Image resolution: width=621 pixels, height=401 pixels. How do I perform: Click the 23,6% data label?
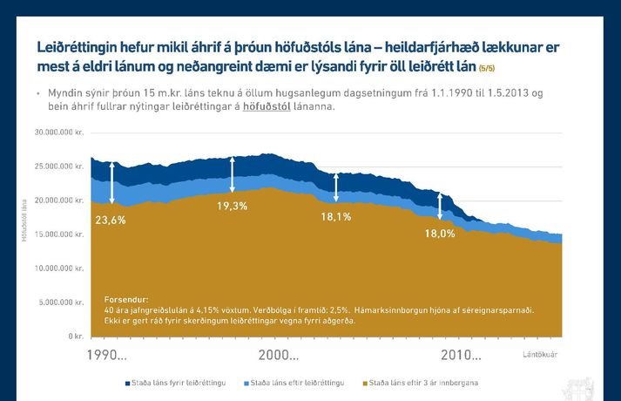[x=111, y=220]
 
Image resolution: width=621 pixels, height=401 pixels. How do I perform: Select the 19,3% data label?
[x=232, y=206]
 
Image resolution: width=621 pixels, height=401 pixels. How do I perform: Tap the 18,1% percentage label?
[x=335, y=216]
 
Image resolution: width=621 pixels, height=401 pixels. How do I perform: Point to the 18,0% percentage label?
[x=440, y=234]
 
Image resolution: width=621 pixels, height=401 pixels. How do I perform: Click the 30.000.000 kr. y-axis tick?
[x=59, y=133]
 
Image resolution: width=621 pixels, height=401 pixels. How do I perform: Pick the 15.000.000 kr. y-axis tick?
[x=59, y=234]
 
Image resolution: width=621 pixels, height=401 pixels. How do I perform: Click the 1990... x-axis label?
[x=108, y=355]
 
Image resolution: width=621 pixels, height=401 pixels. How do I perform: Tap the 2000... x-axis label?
[x=280, y=355]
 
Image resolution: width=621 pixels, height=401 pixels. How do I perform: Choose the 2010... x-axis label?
[x=461, y=355]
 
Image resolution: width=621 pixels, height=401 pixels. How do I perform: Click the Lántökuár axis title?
[x=539, y=354]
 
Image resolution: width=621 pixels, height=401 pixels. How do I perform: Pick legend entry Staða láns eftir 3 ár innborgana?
[x=422, y=383]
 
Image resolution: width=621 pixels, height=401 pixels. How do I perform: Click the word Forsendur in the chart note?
[x=126, y=299]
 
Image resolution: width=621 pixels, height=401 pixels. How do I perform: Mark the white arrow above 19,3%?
[x=232, y=174]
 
